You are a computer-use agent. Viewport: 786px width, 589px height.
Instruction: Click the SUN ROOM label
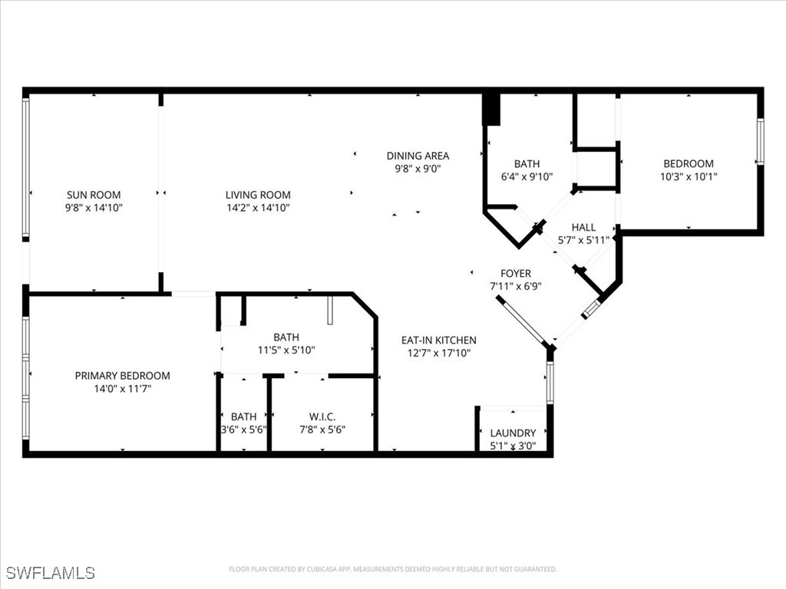94,195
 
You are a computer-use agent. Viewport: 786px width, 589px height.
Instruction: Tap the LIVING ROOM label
258,195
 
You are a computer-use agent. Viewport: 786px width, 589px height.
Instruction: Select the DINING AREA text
418,156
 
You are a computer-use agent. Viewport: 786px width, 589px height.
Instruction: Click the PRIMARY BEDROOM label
122,376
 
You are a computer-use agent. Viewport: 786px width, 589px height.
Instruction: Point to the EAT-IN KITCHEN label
439,340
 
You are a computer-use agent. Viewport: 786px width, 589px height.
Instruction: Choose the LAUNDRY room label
513,433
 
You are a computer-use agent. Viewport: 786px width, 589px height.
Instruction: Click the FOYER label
516,274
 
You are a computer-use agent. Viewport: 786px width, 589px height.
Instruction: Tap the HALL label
583,227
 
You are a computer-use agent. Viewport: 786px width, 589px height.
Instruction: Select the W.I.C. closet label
322,416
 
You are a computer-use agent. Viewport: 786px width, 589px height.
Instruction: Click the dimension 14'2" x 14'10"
258,208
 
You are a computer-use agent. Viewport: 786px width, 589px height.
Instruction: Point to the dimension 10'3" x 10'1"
689,176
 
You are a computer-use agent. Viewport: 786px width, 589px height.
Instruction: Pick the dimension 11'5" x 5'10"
286,350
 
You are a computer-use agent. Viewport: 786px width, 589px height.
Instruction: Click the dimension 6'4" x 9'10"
527,176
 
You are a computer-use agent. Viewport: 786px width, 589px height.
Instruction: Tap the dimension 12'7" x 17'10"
439,353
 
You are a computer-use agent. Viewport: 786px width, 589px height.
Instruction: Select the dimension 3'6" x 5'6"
243,429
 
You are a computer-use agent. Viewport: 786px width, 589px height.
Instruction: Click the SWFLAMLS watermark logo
50,573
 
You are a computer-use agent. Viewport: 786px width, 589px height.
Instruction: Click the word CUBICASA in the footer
314,569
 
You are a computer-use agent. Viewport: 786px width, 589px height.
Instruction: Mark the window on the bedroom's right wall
760,141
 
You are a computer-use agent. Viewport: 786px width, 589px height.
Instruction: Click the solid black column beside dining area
491,109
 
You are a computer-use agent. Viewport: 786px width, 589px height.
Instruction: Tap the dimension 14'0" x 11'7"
122,389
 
